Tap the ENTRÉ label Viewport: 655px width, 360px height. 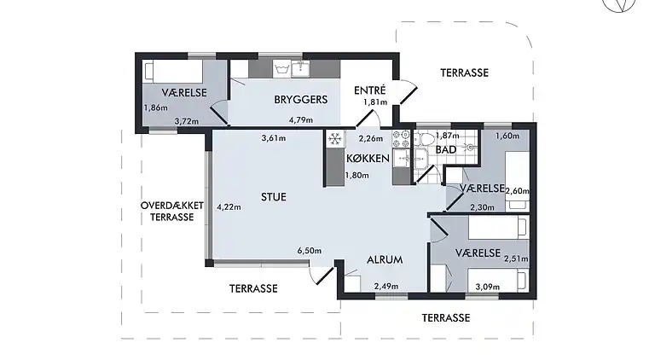[370, 90]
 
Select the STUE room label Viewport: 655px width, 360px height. [273, 197]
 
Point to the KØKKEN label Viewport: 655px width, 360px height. [368, 159]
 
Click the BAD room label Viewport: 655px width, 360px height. [445, 150]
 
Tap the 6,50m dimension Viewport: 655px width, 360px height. [310, 251]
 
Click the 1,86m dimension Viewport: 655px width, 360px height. [155, 107]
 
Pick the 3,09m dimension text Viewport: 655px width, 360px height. [487, 287]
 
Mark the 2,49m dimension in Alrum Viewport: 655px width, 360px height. [386, 287]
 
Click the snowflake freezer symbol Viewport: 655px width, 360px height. [335, 138]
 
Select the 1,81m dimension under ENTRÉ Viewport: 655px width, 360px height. [375, 102]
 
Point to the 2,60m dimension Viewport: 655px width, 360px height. [518, 191]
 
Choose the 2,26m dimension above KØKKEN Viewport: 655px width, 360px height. [371, 138]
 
